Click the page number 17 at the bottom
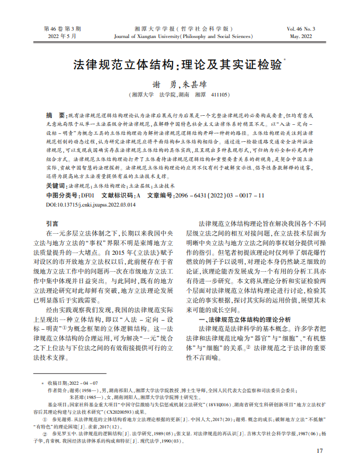click(x=319, y=451)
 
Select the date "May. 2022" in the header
click(x=301, y=36)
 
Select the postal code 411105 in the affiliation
click(x=220, y=95)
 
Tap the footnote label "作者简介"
click(x=57, y=390)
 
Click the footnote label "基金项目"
click(x=57, y=405)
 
